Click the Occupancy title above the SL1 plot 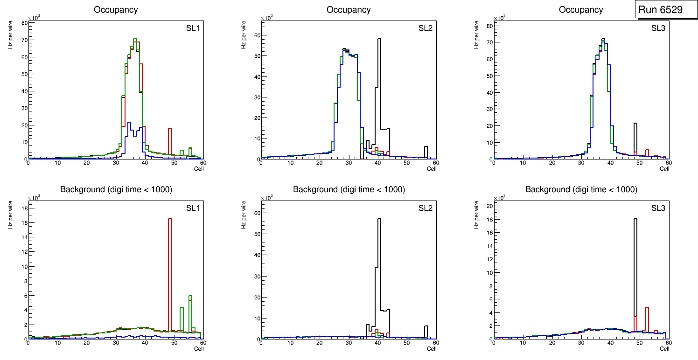point(116,10)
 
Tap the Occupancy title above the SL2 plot point(349,10)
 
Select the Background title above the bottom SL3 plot point(581,189)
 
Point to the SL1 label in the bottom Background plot point(193,208)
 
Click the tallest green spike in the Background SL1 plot point(190,312)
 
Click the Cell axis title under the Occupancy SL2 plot point(432,169)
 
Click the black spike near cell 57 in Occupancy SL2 point(426,152)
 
